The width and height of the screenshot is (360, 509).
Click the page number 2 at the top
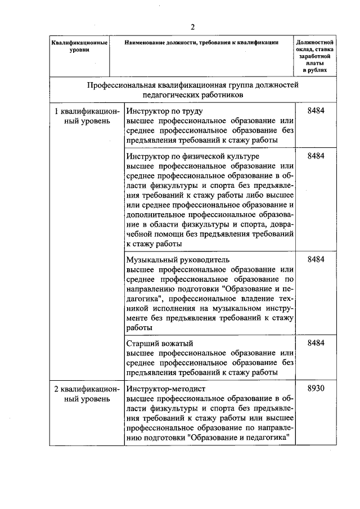point(192,27)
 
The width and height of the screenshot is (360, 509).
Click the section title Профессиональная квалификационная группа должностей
point(192,85)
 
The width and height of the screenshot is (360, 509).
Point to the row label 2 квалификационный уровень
point(87,393)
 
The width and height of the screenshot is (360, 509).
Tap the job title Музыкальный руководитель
point(178,259)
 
